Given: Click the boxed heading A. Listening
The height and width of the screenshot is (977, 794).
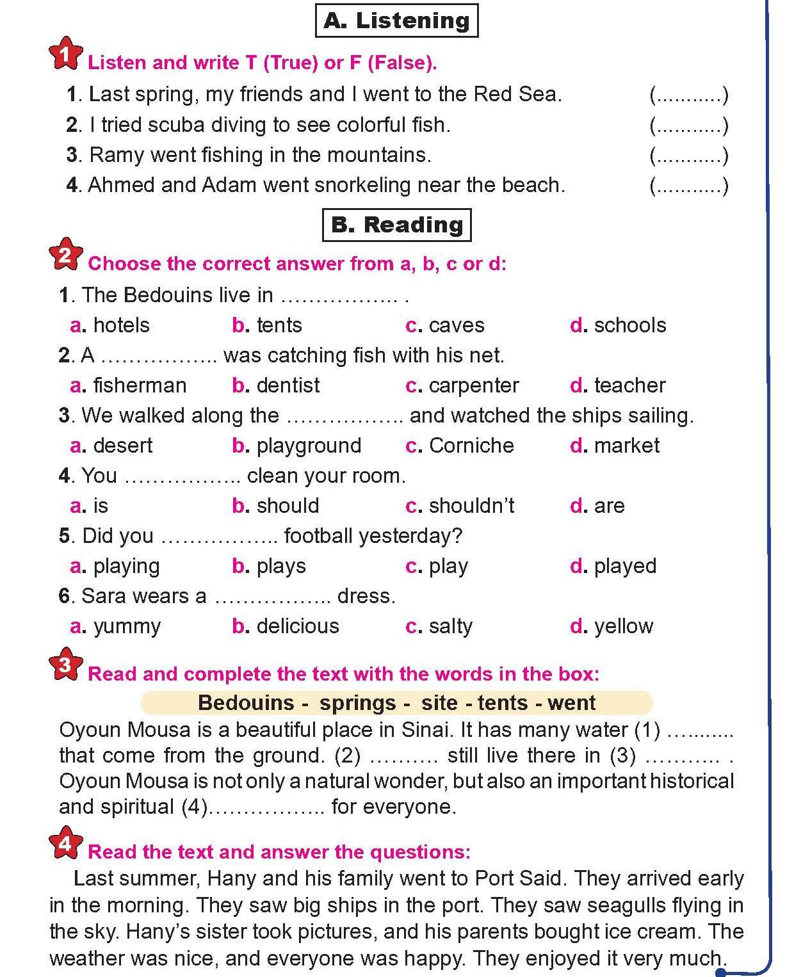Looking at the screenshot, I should [396, 21].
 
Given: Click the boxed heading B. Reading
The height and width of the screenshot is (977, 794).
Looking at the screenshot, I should [396, 225].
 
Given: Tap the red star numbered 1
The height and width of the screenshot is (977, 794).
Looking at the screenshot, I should [65, 55].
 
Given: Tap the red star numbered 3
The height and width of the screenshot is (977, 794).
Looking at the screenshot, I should [65, 666].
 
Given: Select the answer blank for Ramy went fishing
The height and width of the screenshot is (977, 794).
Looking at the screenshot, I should [689, 156].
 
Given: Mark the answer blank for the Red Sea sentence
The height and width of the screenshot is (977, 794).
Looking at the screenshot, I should [689, 95].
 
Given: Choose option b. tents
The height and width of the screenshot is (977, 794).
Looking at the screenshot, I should [267, 325].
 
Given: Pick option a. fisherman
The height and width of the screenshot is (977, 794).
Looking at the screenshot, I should [128, 385].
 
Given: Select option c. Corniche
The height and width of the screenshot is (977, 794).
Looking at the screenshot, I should [460, 446].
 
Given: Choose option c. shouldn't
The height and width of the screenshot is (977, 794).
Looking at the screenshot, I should [460, 506].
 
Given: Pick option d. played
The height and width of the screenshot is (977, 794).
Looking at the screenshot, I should [613, 566].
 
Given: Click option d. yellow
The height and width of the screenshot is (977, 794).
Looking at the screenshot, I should [612, 626].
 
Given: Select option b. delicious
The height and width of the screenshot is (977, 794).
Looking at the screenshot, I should [286, 626].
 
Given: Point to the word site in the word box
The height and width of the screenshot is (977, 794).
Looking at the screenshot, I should [439, 703].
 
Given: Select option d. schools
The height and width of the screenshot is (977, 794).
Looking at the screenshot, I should [618, 325].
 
